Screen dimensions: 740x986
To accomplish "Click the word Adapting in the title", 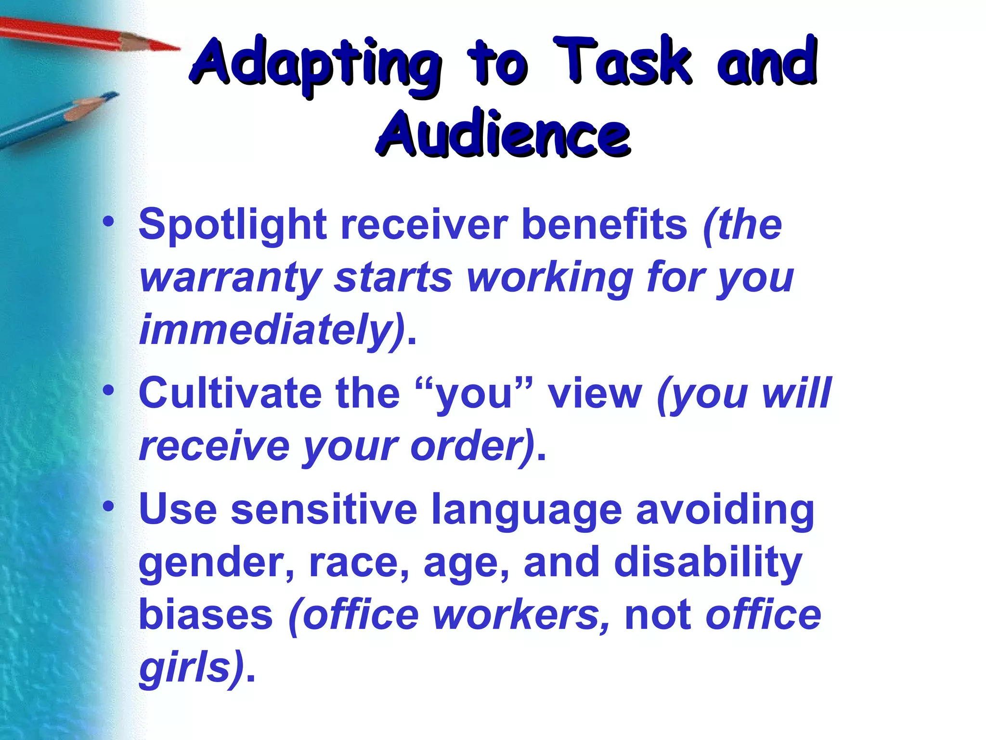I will click(315, 65).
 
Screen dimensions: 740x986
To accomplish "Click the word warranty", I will click(231, 278).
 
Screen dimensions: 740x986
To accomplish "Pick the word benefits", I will click(604, 225).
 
